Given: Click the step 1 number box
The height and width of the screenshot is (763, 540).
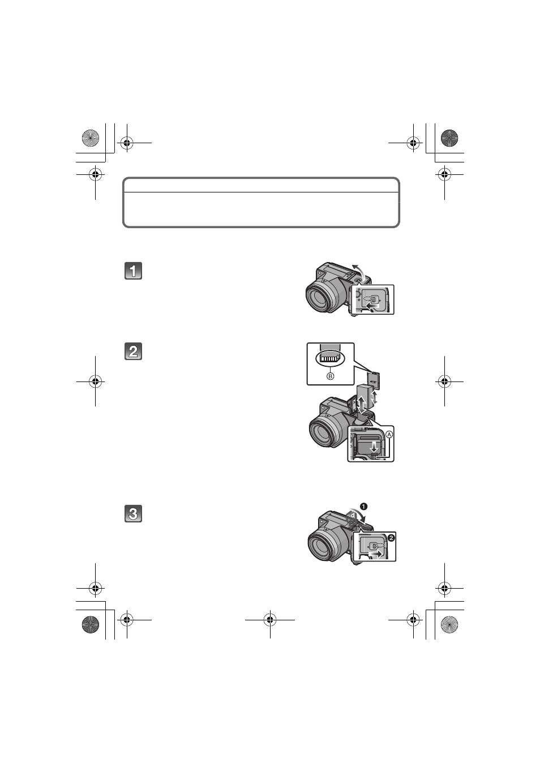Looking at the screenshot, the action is click(133, 271).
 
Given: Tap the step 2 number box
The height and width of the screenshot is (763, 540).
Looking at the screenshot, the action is click(133, 351).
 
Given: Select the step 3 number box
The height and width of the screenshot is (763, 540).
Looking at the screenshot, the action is click(133, 513).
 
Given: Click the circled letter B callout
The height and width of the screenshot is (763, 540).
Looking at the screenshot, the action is click(330, 376).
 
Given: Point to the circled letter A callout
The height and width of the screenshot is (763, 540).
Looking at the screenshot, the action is click(389, 435).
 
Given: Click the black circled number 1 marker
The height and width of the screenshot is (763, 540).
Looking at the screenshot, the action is click(363, 507).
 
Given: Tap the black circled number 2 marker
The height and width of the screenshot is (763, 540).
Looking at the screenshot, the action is click(391, 538).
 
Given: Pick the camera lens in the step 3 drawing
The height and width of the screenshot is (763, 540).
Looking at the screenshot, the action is click(321, 543).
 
